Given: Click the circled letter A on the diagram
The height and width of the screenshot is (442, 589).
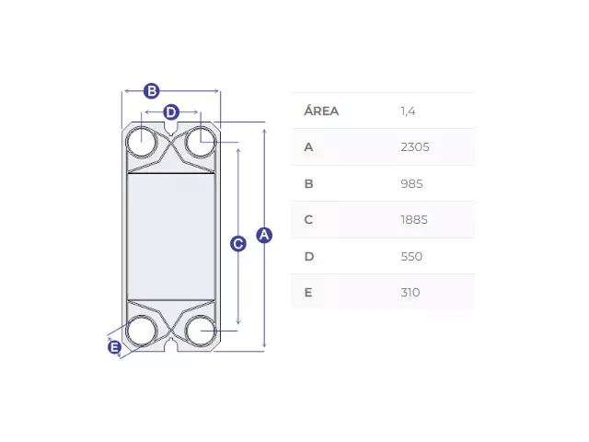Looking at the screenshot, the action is [x=264, y=236].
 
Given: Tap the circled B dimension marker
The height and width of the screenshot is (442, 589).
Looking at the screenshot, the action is [x=152, y=91].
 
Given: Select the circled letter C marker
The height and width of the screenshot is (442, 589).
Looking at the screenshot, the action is [x=238, y=244].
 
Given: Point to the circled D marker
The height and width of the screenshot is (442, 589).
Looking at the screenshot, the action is [x=171, y=112].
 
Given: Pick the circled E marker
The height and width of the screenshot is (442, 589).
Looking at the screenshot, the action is [x=114, y=347].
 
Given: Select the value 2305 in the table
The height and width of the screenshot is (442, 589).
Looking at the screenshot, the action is [x=415, y=147].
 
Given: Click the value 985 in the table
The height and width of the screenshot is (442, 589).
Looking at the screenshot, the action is [x=411, y=184].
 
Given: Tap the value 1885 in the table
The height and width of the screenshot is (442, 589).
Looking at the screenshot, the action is [x=414, y=220].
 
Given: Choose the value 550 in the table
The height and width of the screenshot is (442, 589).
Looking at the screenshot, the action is [x=411, y=256].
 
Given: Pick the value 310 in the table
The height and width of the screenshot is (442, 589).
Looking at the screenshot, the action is [x=410, y=293].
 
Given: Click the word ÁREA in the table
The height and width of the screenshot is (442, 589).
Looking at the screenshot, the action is [x=321, y=110].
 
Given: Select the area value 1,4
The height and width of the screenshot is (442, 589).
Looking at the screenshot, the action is [x=408, y=111].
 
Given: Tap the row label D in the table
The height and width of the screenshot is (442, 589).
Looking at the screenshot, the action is [x=309, y=256].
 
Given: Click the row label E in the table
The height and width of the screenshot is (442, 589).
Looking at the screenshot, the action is [x=308, y=293].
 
